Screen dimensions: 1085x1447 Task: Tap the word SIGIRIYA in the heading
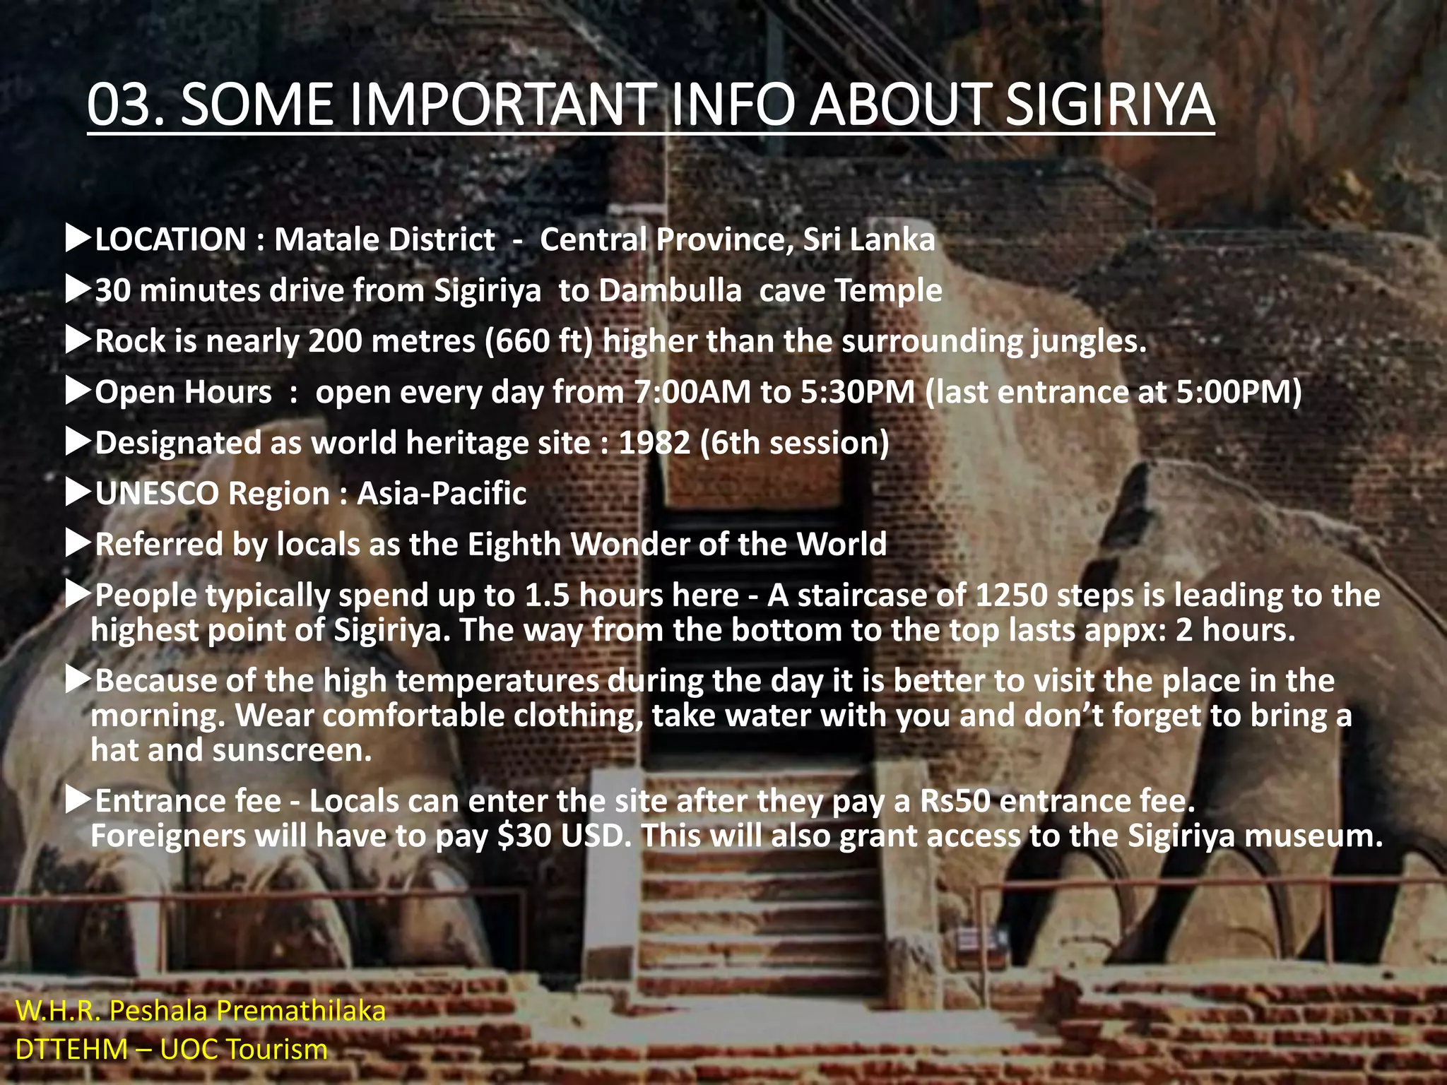1109,105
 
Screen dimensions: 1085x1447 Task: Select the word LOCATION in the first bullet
170,239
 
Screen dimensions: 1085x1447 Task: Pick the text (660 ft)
538,341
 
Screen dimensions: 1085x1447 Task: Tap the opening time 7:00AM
692,392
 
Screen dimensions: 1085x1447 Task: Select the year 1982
654,443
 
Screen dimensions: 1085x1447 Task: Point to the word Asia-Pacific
442,493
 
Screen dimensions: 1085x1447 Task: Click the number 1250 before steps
1011,595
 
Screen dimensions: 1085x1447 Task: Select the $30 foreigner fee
524,836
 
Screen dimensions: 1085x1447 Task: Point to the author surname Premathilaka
301,1011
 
